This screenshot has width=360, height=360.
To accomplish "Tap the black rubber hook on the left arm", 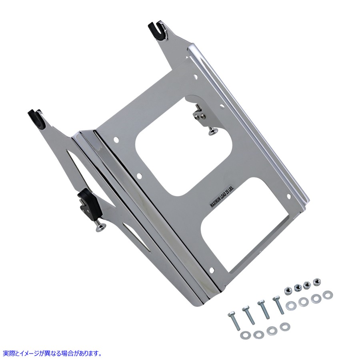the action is (x=37, y=118).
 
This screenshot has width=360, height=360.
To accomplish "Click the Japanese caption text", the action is (x=51, y=353).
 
